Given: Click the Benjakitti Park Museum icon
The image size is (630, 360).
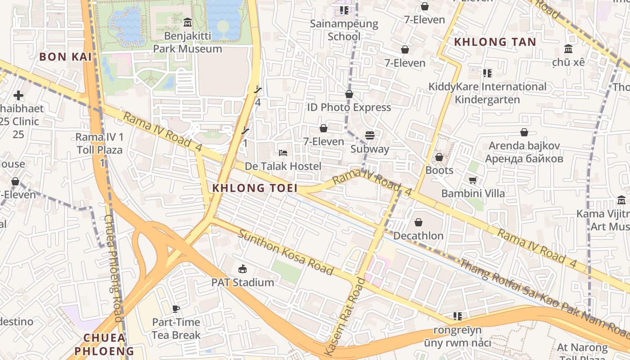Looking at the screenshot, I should click(188, 22).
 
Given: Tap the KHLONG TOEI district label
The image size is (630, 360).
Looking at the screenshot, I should click(255, 188).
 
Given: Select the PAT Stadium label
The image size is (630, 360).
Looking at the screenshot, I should click(243, 283).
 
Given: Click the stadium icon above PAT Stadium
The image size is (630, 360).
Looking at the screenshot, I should click(243, 269).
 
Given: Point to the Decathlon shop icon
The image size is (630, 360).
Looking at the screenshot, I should click(418, 222).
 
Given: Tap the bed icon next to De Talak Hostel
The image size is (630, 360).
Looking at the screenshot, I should click(283, 153).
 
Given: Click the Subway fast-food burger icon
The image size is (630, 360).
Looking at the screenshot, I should click(370, 135).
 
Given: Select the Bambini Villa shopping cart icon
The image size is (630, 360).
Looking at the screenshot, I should click(472, 180).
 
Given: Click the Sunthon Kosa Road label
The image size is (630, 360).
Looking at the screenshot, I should click(286, 252).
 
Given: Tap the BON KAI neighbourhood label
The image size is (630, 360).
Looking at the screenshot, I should click(65, 57).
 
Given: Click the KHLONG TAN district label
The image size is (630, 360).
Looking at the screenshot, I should click(495, 42).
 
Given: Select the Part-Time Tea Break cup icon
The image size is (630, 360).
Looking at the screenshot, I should click(176, 309).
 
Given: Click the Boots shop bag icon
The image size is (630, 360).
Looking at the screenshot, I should click(439, 157).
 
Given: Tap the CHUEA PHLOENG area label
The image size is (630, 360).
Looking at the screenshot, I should click(104, 344).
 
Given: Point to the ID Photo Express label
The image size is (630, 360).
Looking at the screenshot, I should click(349, 107).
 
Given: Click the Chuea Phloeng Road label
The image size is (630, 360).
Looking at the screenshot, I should click(113, 268).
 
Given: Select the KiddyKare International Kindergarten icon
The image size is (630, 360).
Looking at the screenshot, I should click(487, 73).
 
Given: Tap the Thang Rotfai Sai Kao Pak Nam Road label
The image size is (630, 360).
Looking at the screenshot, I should click(540, 292).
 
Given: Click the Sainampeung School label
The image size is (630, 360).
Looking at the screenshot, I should click(344, 30).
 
